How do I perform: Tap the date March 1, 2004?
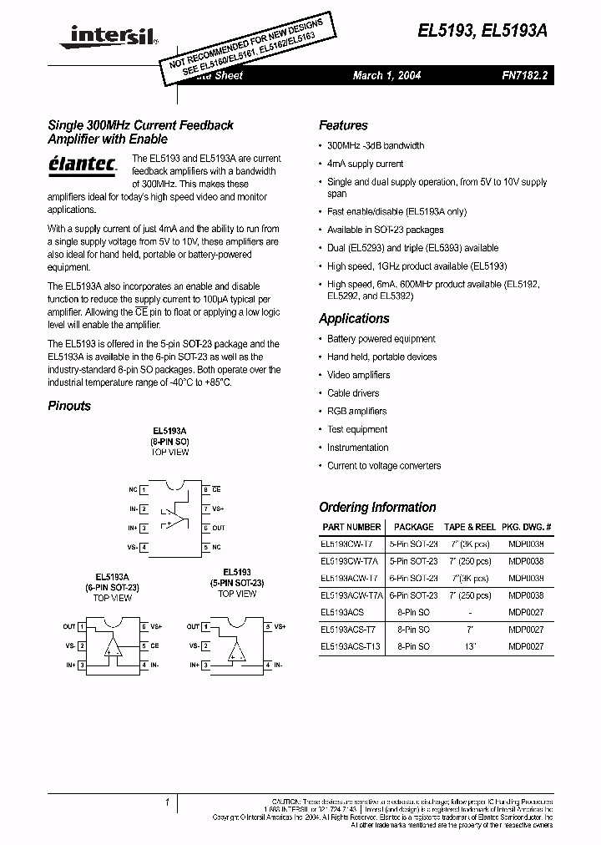(386, 75)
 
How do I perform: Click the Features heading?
(343, 125)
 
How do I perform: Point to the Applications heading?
(354, 318)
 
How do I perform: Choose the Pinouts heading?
(69, 406)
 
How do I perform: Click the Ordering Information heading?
(377, 507)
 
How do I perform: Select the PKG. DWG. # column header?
(530, 527)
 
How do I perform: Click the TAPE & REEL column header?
(469, 527)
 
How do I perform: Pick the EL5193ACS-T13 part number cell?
(351, 647)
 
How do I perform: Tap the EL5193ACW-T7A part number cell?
(351, 595)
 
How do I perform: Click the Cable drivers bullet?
(353, 393)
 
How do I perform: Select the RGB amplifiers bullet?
(356, 412)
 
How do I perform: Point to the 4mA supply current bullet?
(365, 164)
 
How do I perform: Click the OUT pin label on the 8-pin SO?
(219, 528)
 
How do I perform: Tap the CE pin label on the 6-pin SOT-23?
(154, 645)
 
